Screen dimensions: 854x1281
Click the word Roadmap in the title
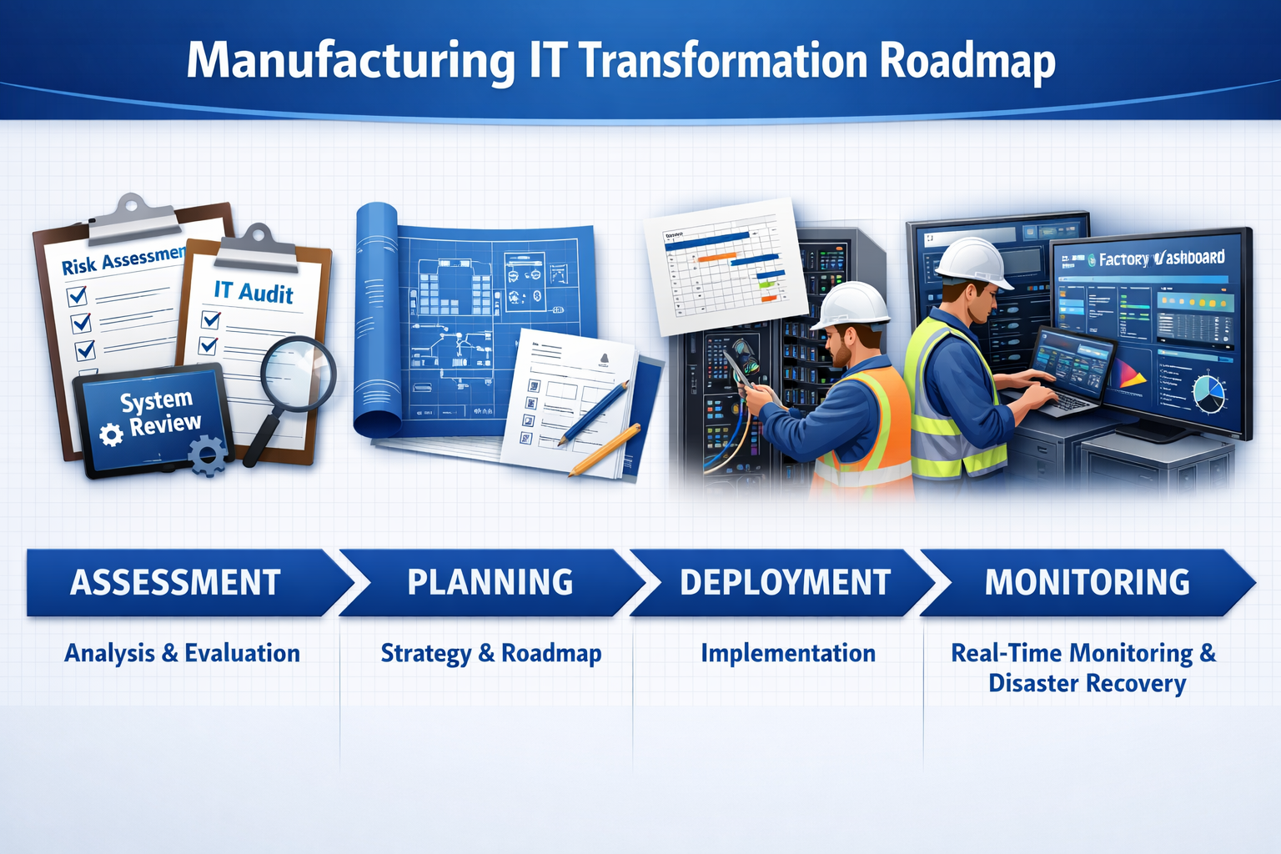pos(967,62)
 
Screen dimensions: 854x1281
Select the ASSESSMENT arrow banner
pos(175,582)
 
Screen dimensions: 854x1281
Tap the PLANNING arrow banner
pos(490,582)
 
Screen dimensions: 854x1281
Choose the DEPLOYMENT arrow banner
pos(785,582)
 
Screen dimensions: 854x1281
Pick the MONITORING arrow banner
pos(1087,582)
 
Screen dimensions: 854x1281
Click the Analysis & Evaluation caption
pos(182,653)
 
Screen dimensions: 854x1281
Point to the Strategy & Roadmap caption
pos(490,653)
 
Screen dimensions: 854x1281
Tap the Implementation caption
pos(788,653)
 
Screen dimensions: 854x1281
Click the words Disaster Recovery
pos(1087,683)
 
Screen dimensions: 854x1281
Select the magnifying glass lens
pos(297,374)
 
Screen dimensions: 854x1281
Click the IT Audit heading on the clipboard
pos(254,291)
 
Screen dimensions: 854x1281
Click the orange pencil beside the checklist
pos(605,450)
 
